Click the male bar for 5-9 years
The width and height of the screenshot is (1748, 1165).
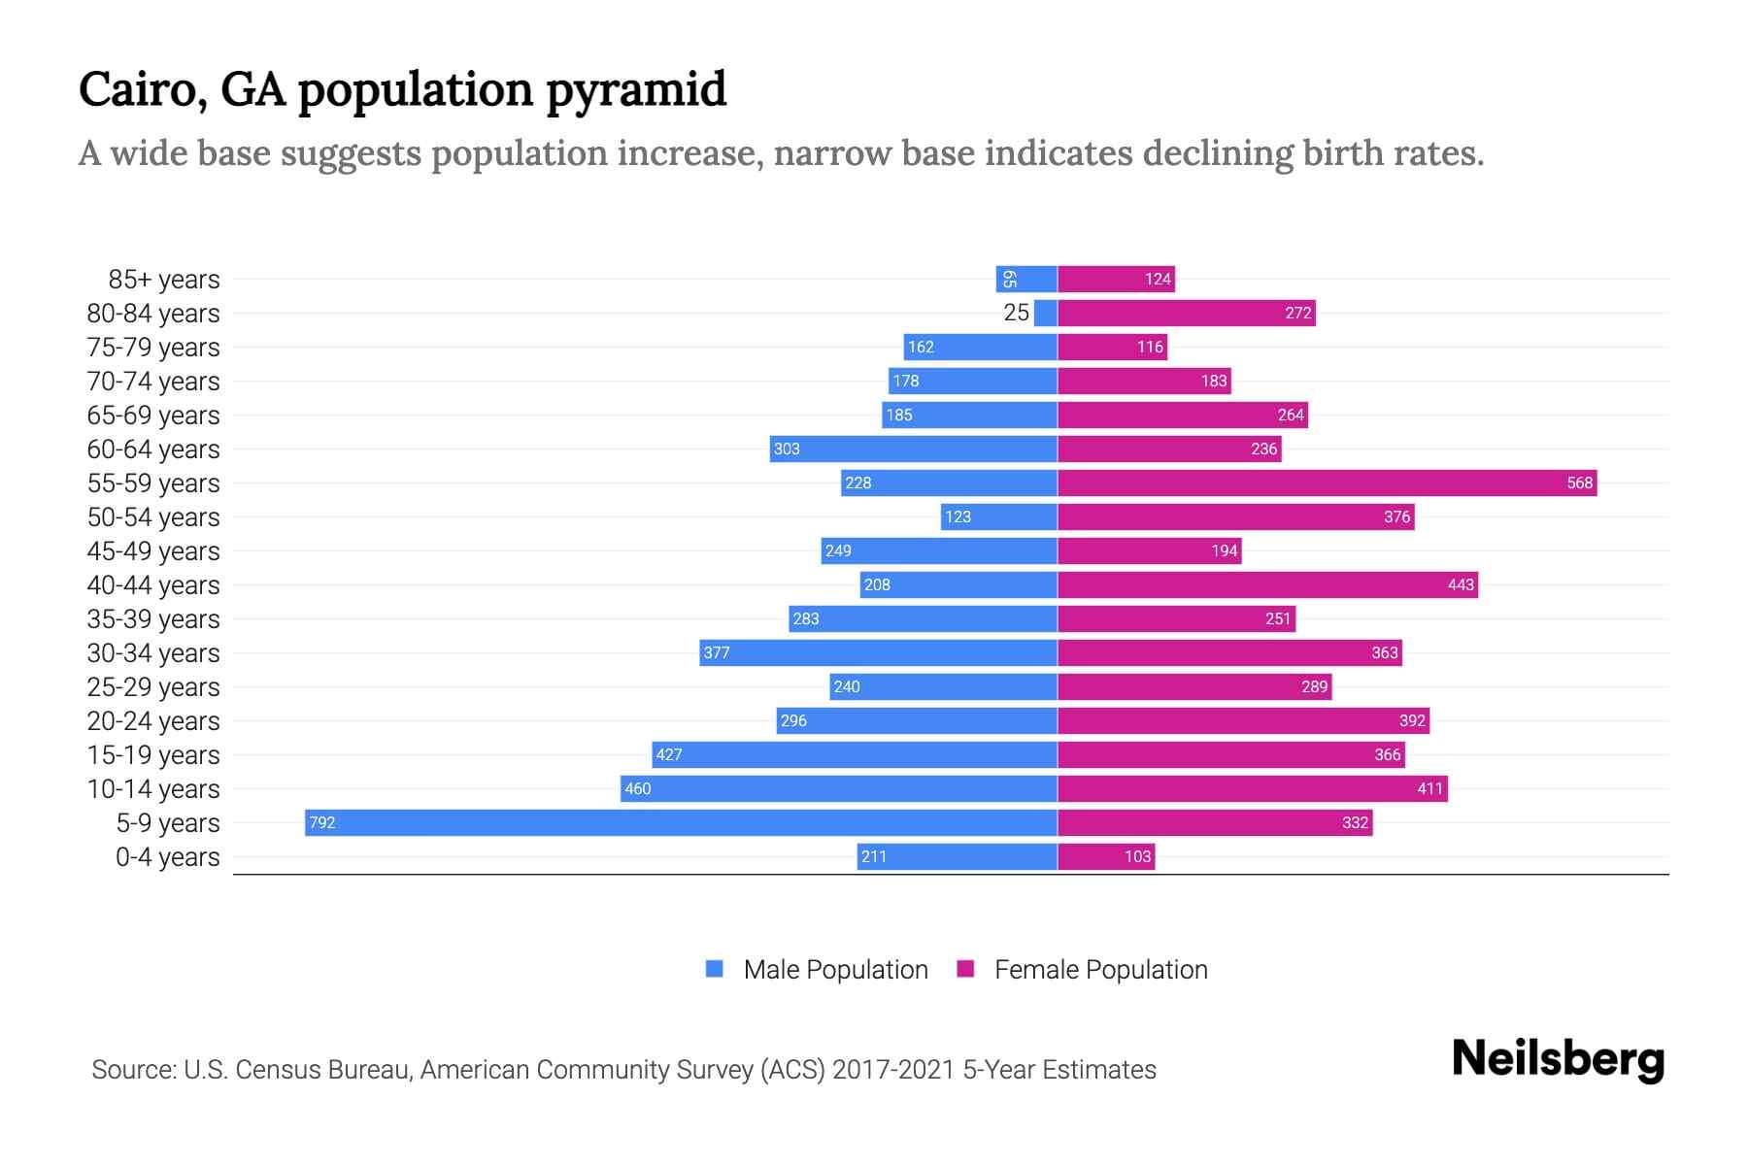point(680,822)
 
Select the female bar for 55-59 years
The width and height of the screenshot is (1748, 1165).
point(1327,483)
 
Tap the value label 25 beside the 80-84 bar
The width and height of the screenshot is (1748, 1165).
point(1016,313)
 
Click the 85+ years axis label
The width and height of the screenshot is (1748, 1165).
point(163,280)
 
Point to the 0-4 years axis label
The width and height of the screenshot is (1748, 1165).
point(167,857)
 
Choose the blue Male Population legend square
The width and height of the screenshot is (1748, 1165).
point(715,969)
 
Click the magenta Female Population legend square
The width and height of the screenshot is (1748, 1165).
point(965,969)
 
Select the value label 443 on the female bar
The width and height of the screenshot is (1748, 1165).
point(1460,584)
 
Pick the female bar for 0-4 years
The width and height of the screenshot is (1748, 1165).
point(1105,856)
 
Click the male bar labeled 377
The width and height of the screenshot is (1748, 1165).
point(878,652)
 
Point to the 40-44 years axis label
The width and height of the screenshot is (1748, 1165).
point(153,585)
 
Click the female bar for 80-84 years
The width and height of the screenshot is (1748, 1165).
point(1186,313)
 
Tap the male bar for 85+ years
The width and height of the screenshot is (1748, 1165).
point(1026,279)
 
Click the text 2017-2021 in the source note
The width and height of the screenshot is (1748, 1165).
point(892,1070)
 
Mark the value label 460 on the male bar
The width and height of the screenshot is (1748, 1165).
point(638,788)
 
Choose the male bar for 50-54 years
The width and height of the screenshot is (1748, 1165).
point(998,516)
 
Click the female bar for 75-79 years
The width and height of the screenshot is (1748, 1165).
point(1112,347)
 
